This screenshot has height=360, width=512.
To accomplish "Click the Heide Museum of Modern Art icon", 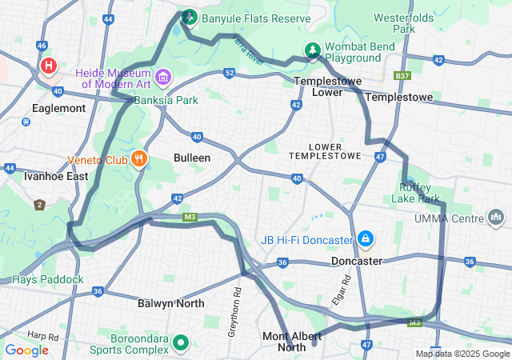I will [x=163, y=77].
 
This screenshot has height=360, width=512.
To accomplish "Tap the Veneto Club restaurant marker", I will [x=140, y=158].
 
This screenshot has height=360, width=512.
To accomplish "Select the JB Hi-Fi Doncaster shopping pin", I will [x=365, y=239].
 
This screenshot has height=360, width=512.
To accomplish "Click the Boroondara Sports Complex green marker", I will [x=181, y=343].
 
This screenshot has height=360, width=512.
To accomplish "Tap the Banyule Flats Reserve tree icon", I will [x=190, y=16].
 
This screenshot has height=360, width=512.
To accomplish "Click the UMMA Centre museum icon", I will [x=496, y=218].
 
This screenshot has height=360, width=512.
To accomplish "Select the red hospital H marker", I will [x=49, y=66].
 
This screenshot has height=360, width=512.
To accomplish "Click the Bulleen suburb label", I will [x=192, y=158].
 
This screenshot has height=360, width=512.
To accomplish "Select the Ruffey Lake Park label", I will [x=419, y=193].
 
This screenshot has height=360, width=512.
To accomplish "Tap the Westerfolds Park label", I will [x=415, y=22].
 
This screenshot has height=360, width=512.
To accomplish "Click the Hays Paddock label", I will [x=47, y=279].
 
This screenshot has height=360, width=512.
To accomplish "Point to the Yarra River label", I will [x=246, y=47].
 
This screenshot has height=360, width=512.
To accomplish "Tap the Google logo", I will [x=27, y=349].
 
